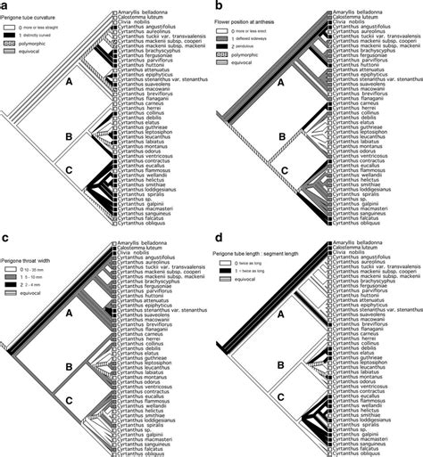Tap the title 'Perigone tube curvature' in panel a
coord(29,15)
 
